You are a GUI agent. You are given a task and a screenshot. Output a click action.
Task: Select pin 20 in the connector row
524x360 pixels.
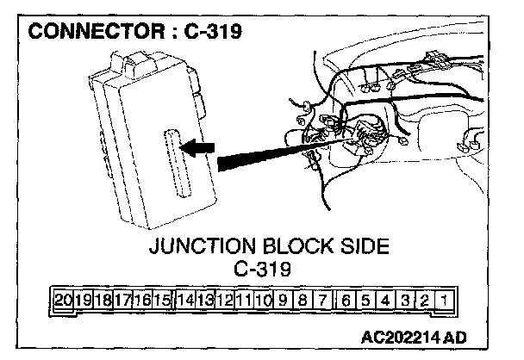point(63,301)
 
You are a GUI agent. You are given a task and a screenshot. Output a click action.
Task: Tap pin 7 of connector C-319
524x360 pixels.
point(324,301)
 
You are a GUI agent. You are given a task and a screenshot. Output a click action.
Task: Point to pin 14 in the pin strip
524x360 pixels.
point(184,301)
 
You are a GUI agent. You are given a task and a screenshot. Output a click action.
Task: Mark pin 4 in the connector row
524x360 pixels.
point(384,301)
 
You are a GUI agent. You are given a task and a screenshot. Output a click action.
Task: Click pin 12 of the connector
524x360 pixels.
point(224,301)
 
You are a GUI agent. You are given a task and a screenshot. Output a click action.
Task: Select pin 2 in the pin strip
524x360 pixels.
point(422,301)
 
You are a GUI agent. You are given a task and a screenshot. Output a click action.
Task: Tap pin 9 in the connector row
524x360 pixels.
point(284,301)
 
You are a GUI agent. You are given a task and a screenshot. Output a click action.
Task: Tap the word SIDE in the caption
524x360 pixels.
point(365,247)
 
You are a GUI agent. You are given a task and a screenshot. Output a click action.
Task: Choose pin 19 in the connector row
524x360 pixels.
point(84,301)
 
